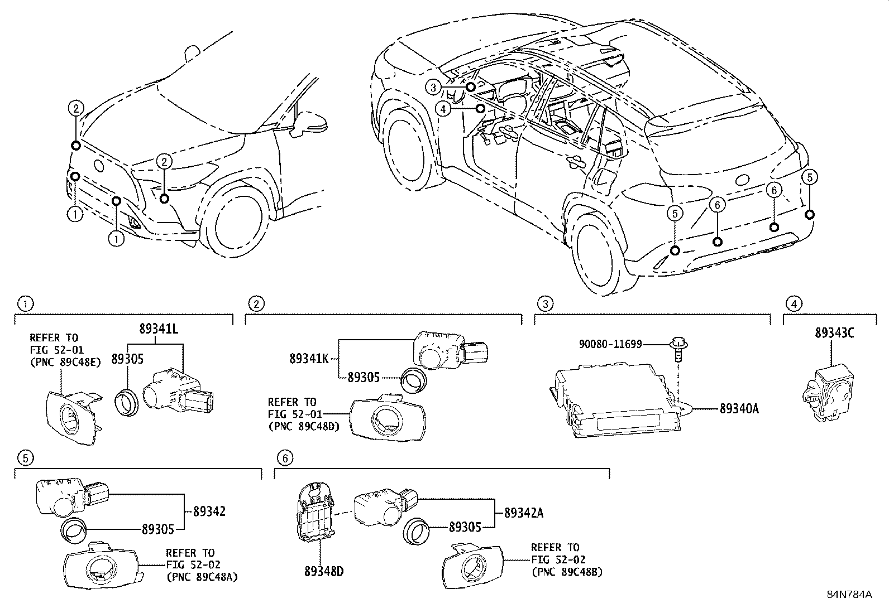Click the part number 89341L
[x=158, y=330]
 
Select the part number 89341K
[x=308, y=358]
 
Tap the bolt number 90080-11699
[x=610, y=345]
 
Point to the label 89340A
[x=739, y=409]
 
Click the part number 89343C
[x=834, y=333]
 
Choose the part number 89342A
[x=523, y=513]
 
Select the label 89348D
[x=324, y=572]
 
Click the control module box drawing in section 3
[x=617, y=399]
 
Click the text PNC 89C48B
[x=567, y=572]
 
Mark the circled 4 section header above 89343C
[x=794, y=304]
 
